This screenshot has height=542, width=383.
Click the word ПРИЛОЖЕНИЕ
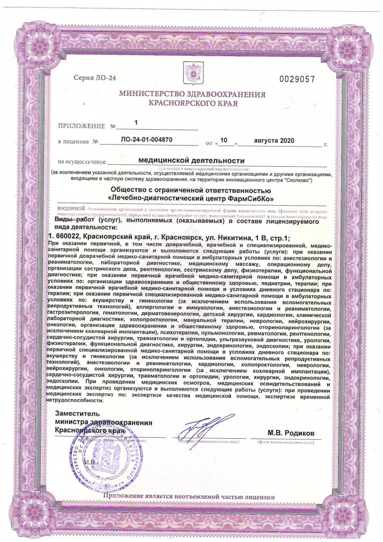pyautogui.click(x=82, y=127)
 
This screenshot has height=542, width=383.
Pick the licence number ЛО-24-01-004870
pyautogui.click(x=147, y=141)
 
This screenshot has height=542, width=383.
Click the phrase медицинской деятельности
pyautogui.click(x=191, y=160)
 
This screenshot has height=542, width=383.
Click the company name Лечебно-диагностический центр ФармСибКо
pyautogui.click(x=191, y=198)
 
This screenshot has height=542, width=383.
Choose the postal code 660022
pyautogui.click(x=67, y=236)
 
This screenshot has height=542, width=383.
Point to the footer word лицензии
pyautogui.click(x=260, y=496)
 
